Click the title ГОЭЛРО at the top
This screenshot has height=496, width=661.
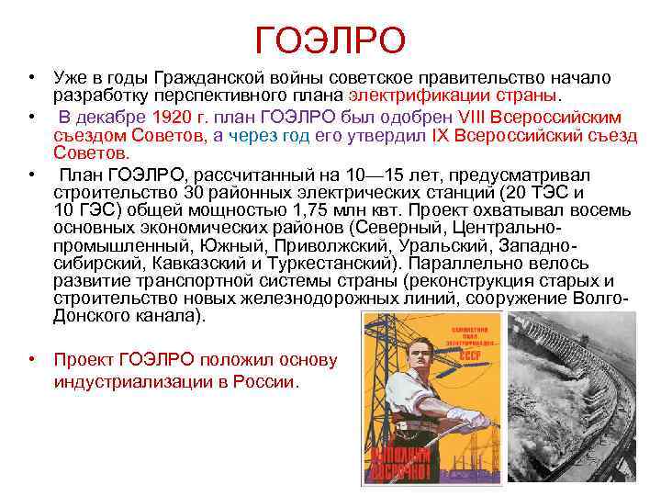click(x=330, y=39)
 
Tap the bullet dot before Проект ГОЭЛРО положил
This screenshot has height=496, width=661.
click(x=32, y=359)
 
